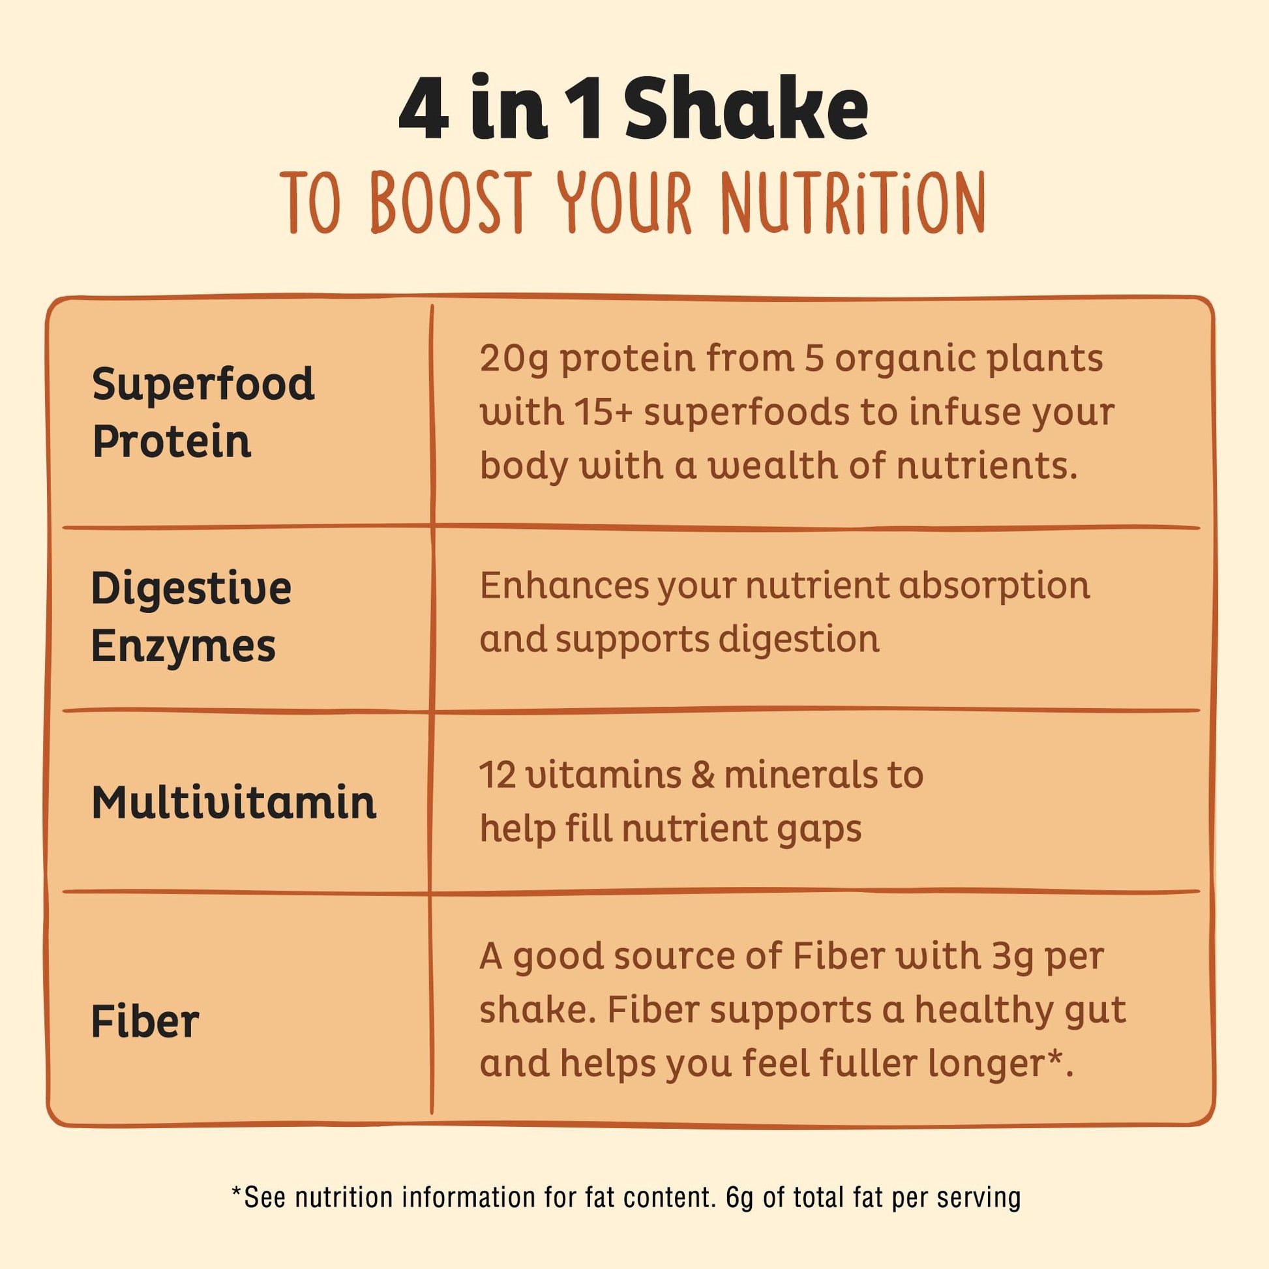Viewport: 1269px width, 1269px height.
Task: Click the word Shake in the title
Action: pos(746,108)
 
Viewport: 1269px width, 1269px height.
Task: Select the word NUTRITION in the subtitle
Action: pos(852,202)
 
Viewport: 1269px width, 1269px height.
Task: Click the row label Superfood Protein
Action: pos(203,413)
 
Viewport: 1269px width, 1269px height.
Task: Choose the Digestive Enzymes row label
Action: pos(191,616)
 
